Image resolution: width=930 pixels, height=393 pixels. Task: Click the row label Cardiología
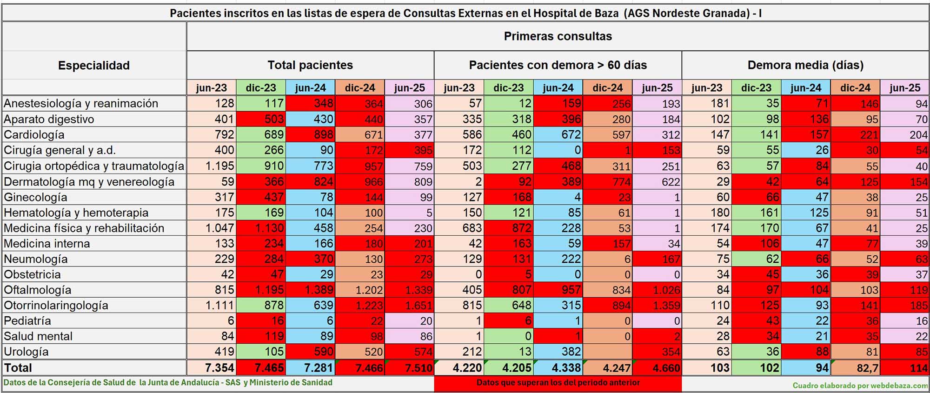tap(34, 135)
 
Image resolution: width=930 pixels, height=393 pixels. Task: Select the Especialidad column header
tap(93, 66)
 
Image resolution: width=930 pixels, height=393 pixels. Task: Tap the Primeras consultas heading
tap(558, 36)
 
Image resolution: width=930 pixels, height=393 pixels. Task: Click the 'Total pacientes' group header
tap(310, 65)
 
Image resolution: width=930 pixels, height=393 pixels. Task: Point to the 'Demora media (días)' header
tap(805, 65)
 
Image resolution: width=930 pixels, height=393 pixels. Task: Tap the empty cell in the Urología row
tap(607, 352)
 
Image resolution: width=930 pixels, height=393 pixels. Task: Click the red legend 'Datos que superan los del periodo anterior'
tap(558, 383)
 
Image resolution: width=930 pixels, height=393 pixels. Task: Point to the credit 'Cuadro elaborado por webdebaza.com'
tap(860, 386)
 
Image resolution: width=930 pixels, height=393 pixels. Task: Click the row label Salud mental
tap(38, 336)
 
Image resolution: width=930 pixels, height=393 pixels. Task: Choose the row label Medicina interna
tap(47, 244)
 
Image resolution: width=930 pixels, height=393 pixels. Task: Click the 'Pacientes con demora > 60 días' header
tap(558, 65)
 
